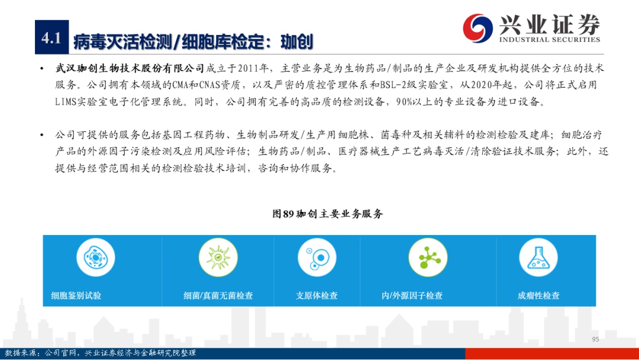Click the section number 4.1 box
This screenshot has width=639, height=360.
tap(51, 37)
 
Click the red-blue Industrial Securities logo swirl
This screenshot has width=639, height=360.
tap(477, 28)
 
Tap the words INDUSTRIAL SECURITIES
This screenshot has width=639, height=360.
tap(550, 40)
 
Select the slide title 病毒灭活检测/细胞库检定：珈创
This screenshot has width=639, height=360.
tap(193, 42)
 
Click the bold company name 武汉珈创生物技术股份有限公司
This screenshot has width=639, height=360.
tap(130, 68)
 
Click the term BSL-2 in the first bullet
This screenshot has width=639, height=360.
tap(395, 85)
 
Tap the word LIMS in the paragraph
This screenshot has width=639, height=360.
tap(66, 101)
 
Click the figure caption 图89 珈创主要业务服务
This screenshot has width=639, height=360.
tap(328, 214)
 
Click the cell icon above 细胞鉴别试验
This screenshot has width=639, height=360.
tap(95, 258)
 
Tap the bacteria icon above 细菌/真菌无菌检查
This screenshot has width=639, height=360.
tap(218, 258)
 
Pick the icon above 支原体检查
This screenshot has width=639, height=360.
tap(317, 258)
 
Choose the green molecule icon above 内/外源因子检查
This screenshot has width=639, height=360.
tap(428, 258)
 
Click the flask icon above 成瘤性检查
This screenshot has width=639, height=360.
tap(538, 258)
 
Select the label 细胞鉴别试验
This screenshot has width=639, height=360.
tap(76, 295)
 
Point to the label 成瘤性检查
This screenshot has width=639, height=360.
tap(538, 295)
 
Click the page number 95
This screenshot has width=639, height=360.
tap(595, 339)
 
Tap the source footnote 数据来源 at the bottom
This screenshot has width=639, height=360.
tap(100, 353)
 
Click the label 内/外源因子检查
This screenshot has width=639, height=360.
tap(412, 295)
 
